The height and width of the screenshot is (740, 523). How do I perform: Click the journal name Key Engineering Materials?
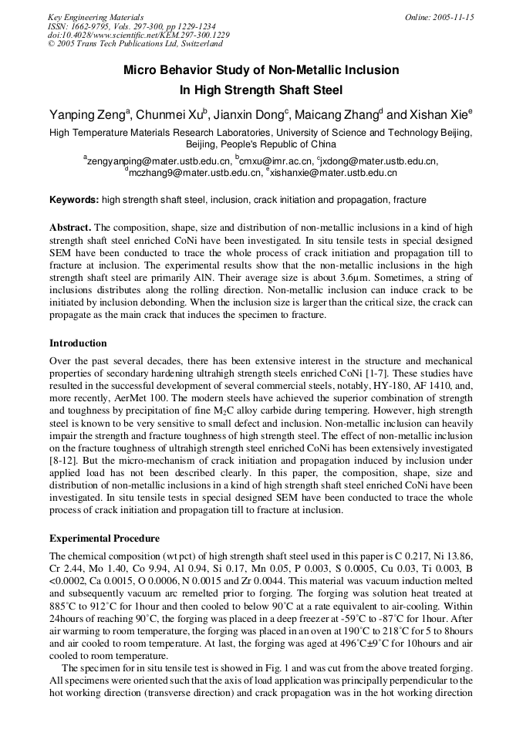[96, 17]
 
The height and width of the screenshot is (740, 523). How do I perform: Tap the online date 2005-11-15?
[440, 17]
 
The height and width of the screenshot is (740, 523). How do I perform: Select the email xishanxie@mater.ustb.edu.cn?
[333, 174]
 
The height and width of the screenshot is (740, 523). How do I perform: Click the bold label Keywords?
[74, 200]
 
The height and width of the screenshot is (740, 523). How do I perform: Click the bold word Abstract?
[71, 228]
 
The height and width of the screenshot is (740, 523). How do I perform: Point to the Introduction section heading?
[78, 343]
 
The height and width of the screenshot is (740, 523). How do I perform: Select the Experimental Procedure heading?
[104, 539]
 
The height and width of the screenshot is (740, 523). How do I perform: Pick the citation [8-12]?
[64, 448]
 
